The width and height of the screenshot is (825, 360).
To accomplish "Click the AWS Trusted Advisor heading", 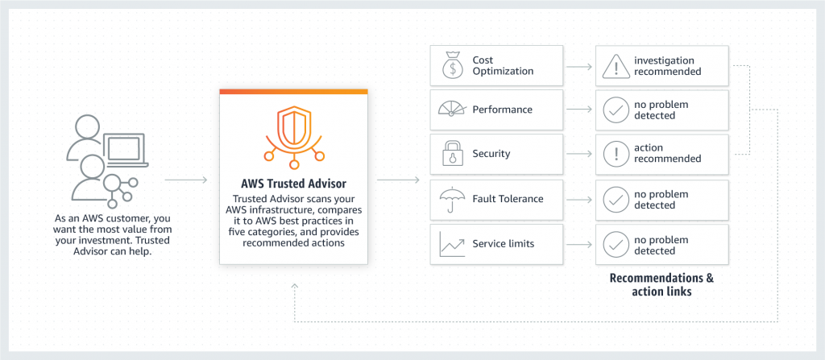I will pos(293,182).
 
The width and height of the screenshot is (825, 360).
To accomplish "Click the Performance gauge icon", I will pos(451,110).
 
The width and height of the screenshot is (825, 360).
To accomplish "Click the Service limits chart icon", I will pos(451,244).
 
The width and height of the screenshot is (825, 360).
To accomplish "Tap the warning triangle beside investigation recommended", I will pos(616,66).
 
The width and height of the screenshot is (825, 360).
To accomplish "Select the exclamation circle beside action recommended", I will pos(616,154).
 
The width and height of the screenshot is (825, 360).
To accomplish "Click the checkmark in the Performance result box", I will pos(616,110).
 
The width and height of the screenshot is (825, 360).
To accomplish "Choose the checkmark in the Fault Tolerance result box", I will pos(616,200).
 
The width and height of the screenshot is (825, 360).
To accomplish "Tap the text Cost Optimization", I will pos(503,65).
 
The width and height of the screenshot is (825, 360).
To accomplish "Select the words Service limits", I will pos(503,244).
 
